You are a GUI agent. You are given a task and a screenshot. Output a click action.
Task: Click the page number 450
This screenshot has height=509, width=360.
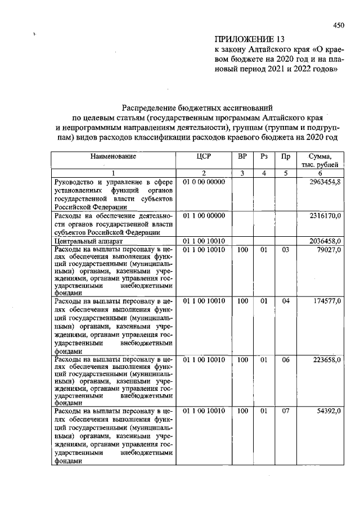pyautogui.click(x=338, y=25)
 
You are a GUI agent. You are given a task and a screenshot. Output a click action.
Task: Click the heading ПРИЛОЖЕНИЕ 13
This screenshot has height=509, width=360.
pyautogui.click(x=246, y=39)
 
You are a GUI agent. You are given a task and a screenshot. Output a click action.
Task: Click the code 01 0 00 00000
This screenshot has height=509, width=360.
pyautogui.click(x=204, y=183)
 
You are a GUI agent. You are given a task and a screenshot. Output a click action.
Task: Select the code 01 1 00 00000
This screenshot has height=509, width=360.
pyautogui.click(x=204, y=215)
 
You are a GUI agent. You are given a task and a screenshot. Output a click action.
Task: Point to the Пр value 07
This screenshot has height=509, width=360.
pyautogui.click(x=285, y=412)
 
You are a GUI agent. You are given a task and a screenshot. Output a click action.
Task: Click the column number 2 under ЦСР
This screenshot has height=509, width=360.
pyautogui.click(x=204, y=173)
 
